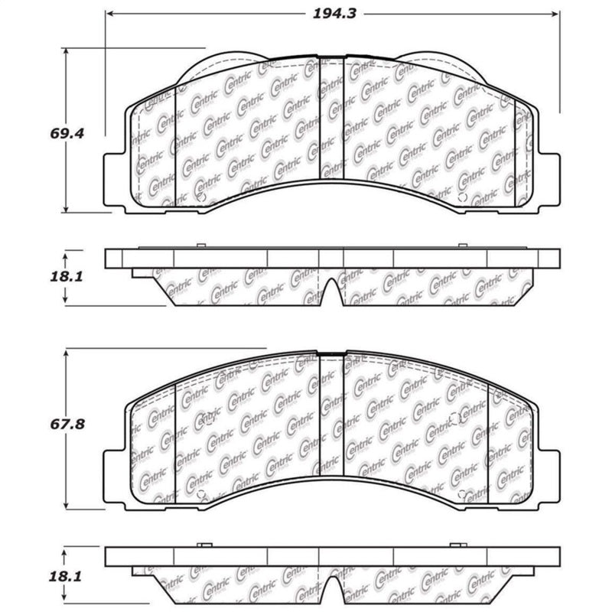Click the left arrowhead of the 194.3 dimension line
click(109, 14)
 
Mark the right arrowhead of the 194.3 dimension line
click(557, 14)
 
